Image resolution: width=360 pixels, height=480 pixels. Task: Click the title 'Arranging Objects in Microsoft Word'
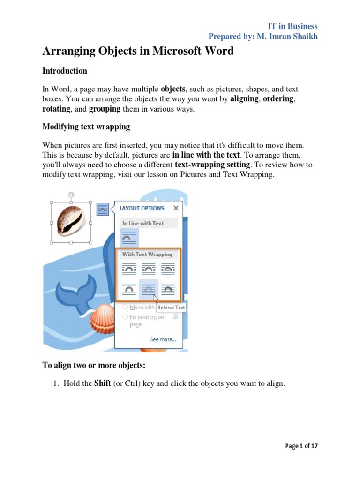pyautogui.click(x=138, y=51)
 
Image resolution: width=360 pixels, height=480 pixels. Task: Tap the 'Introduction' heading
pyautogui.click(x=65, y=71)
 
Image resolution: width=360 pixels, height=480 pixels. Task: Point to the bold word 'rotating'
pyautogui.click(x=56, y=109)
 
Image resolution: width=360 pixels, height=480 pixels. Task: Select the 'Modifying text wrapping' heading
pyautogui.click(x=86, y=127)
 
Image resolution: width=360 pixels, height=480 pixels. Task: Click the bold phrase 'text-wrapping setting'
pyautogui.click(x=212, y=165)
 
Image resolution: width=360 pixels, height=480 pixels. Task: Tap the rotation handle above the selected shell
pyautogui.click(x=71, y=194)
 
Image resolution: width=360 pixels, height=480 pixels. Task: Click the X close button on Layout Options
pyautogui.click(x=176, y=208)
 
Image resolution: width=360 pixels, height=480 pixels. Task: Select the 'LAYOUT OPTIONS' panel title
pyautogui.click(x=142, y=208)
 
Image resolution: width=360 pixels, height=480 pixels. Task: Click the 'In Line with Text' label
pyautogui.click(x=143, y=223)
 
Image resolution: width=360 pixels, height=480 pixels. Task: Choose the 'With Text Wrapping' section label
pyautogui.click(x=147, y=254)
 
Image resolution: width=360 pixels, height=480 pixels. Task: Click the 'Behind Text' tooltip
pyautogui.click(x=171, y=307)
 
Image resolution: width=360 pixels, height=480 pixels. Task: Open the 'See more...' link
pyautogui.click(x=163, y=339)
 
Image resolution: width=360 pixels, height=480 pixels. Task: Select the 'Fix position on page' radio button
pyautogui.click(x=125, y=317)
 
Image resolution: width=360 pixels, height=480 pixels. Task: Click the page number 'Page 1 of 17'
pyautogui.click(x=301, y=446)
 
